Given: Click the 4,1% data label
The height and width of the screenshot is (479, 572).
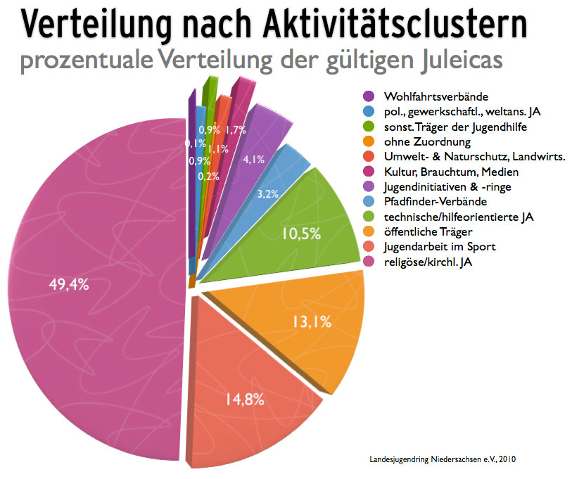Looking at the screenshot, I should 253,160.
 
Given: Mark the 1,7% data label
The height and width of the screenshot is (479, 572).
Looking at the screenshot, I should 236,129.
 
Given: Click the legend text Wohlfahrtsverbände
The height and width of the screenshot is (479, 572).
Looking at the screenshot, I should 436,96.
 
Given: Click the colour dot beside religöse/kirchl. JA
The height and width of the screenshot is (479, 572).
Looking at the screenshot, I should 367,262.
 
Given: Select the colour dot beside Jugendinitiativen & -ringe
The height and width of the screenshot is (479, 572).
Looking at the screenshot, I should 367,187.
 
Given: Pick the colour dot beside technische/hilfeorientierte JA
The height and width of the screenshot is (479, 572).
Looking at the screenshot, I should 367,217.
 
